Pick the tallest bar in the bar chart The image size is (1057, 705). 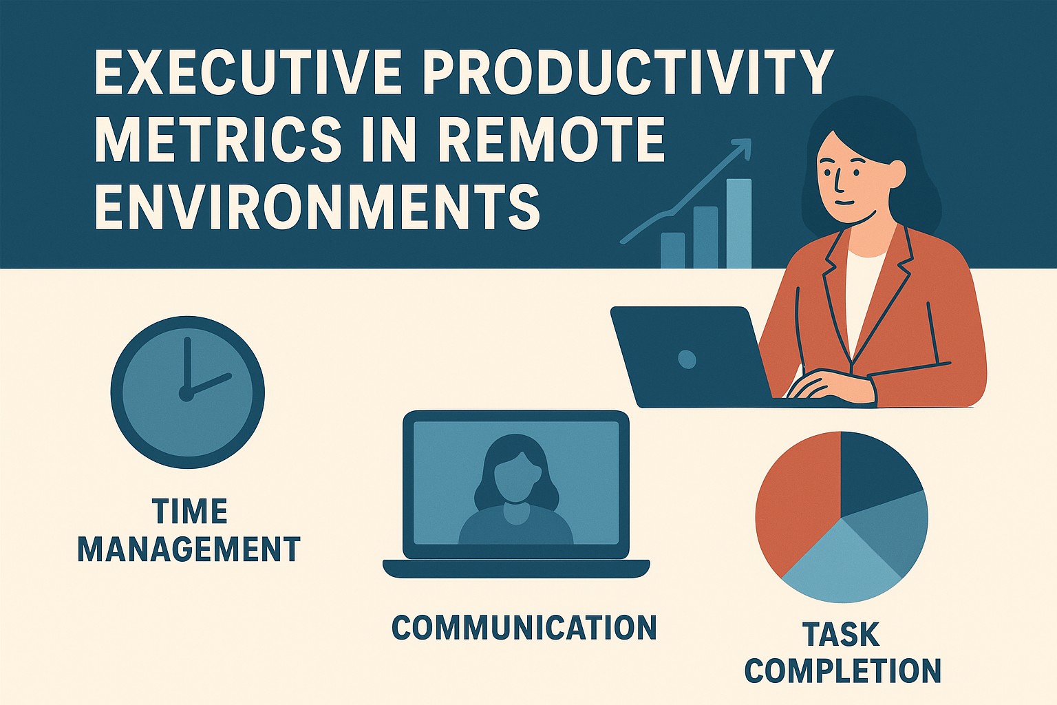(x=739, y=223)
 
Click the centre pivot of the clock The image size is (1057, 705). (x=186, y=393)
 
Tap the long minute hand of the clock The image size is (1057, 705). (x=185, y=365)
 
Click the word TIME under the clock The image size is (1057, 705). (x=189, y=512)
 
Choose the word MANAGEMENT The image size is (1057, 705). (x=189, y=549)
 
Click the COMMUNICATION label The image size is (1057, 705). (x=524, y=628)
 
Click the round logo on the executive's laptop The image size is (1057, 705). (x=687, y=359)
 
